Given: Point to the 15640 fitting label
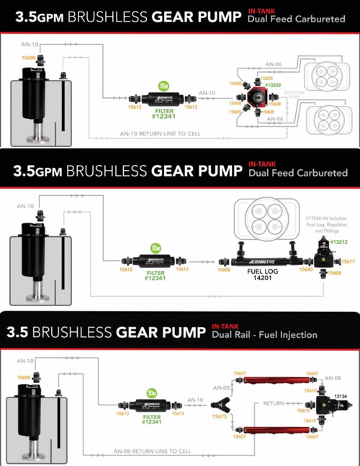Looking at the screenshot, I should pos(306,269).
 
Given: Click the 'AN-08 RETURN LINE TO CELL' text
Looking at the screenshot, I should pos(150,452).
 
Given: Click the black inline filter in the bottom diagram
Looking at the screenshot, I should pos(155,404).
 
